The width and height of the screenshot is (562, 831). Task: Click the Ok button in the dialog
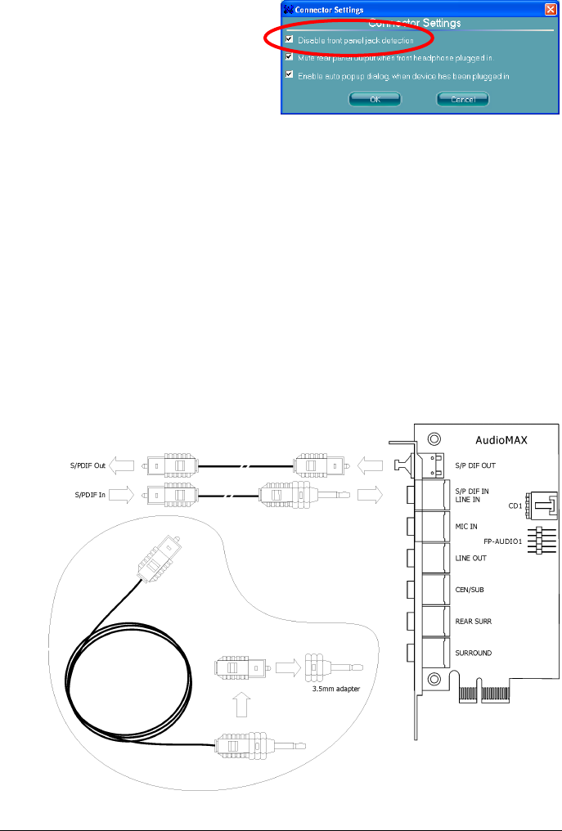(x=374, y=99)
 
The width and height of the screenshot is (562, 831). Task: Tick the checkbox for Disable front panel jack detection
(x=289, y=39)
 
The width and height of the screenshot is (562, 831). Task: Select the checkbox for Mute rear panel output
(x=289, y=57)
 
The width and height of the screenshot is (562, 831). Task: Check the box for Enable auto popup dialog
(x=289, y=74)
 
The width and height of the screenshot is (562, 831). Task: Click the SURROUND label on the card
(x=475, y=652)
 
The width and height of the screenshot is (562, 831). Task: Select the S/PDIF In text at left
(x=90, y=494)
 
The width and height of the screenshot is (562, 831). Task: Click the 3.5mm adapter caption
(x=337, y=689)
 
